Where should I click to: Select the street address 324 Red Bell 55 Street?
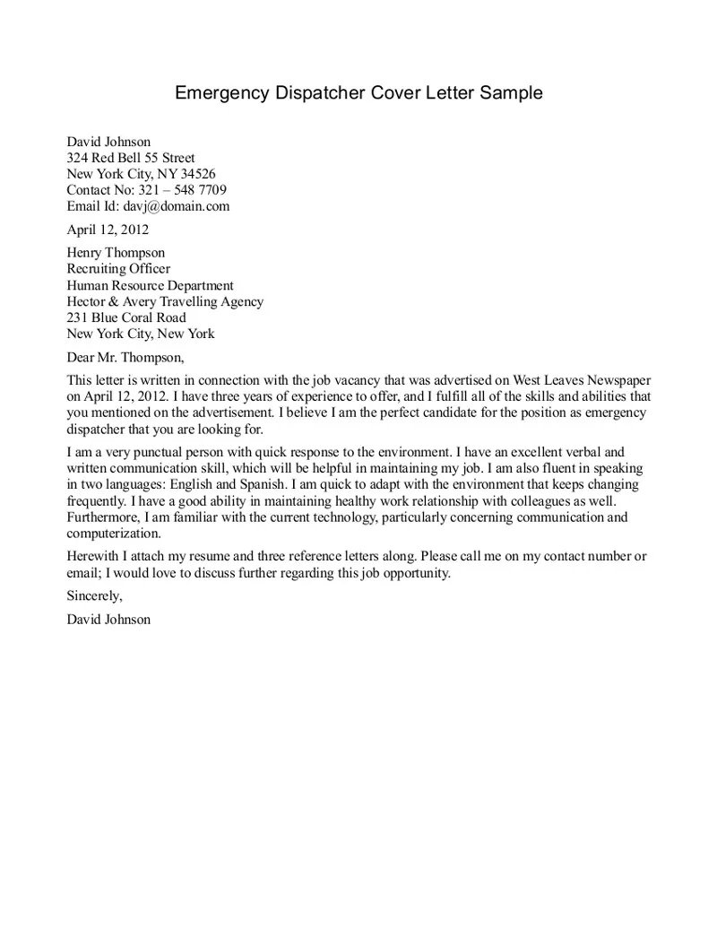131,158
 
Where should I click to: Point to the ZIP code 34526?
197,174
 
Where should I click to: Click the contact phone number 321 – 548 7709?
182,190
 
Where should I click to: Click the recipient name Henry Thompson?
117,253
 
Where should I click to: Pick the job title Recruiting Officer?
118,269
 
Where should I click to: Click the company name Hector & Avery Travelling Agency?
166,301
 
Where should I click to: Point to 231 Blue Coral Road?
126,317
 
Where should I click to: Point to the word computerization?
112,534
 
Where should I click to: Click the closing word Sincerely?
94,595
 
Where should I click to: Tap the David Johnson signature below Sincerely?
109,619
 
